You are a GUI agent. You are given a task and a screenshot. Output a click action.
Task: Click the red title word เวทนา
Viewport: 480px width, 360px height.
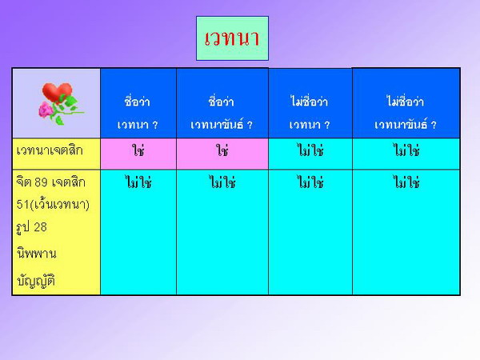click(232, 38)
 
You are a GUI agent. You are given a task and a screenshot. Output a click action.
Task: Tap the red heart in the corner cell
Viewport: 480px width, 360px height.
click(57, 92)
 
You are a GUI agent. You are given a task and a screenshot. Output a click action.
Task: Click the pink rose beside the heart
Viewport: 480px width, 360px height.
click(46, 110)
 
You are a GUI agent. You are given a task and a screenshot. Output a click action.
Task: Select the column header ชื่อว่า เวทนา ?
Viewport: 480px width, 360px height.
click(138, 113)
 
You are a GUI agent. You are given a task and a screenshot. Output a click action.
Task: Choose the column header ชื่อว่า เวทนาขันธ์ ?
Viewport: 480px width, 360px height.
click(222, 113)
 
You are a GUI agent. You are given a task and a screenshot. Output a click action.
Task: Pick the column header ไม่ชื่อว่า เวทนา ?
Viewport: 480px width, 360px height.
click(310, 113)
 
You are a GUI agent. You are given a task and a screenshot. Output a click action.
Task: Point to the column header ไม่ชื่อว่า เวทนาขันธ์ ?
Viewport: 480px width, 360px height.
click(406, 113)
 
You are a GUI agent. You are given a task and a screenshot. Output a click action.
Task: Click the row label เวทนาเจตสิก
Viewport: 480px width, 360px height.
click(50, 150)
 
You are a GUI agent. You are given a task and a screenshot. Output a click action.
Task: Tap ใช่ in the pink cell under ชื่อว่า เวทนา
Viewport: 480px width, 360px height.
click(138, 150)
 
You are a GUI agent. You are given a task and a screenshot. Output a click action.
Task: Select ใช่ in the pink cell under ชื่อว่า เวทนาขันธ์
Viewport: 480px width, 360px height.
click(222, 150)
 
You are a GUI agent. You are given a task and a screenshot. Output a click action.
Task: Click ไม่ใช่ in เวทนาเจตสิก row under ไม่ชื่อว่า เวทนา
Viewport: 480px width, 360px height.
click(310, 150)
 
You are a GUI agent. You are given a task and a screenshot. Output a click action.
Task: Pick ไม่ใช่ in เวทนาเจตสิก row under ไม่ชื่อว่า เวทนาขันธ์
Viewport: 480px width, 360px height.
click(406, 150)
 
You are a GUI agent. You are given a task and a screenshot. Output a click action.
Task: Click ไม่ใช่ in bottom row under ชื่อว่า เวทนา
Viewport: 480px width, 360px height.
click(138, 182)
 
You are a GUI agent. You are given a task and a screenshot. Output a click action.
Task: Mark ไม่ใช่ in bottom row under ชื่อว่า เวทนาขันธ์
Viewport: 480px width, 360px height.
click(222, 182)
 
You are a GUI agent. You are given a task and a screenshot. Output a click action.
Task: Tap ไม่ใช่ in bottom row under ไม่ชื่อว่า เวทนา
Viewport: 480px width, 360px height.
click(310, 182)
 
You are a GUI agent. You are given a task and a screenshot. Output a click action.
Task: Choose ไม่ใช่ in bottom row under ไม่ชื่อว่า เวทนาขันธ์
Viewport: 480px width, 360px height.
click(406, 182)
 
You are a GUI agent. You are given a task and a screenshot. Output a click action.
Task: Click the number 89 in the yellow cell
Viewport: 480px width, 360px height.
click(41, 182)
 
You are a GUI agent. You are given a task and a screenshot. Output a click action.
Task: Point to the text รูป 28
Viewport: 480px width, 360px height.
click(32, 227)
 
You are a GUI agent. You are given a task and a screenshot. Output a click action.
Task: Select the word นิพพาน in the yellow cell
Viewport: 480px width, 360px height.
click(37, 254)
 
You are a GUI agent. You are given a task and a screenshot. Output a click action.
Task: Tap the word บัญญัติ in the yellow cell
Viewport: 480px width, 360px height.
click(36, 281)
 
